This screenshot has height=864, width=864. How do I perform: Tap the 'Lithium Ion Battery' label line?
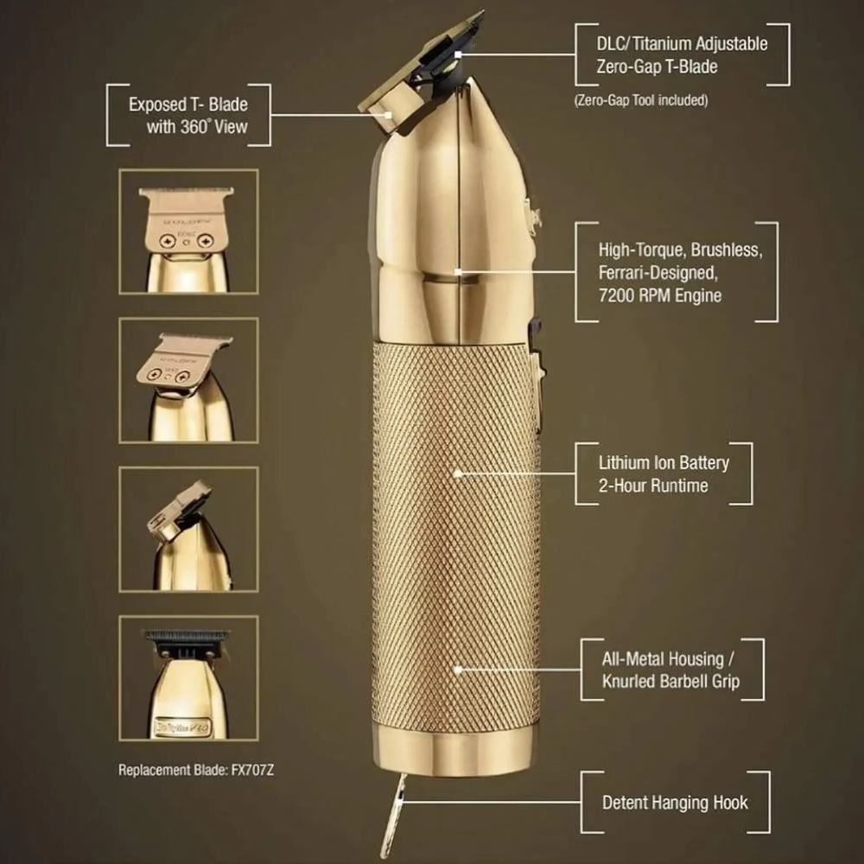(664, 462)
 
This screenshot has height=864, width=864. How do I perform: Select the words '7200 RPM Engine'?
(660, 295)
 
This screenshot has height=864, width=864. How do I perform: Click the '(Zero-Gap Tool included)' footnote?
(640, 100)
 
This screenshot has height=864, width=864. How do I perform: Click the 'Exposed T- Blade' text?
(188, 105)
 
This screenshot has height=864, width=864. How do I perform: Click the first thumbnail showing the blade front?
(188, 232)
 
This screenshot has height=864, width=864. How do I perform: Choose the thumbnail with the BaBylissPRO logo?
(188, 677)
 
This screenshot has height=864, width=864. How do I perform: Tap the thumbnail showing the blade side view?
(188, 529)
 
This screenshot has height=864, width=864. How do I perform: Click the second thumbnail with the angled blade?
(188, 380)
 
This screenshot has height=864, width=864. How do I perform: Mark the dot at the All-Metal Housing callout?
(457, 669)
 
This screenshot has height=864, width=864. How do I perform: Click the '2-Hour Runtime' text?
(653, 486)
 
